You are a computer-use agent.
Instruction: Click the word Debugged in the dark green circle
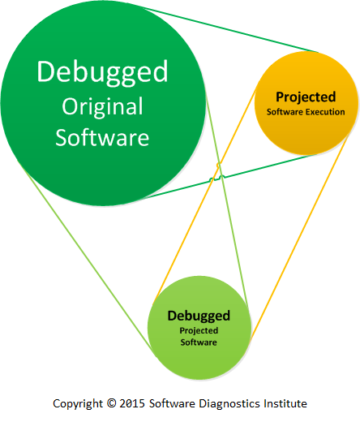point(102,72)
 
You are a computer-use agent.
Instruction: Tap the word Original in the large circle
point(102,107)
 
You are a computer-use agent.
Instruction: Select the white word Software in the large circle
point(102,138)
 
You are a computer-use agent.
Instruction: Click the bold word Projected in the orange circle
point(306,97)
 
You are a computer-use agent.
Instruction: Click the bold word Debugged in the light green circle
point(199,316)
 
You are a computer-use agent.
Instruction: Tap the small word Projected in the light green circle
point(199,331)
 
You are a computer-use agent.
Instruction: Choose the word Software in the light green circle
point(199,342)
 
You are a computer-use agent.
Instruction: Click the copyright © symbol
point(111,403)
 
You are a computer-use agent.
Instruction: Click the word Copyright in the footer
point(78,404)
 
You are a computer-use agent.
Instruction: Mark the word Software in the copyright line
point(172,403)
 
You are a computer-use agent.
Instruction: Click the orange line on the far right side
point(299,238)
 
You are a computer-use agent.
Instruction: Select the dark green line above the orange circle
point(231,30)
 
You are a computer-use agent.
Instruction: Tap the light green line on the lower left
point(84,254)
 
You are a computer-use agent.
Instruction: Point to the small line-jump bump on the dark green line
point(222,177)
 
